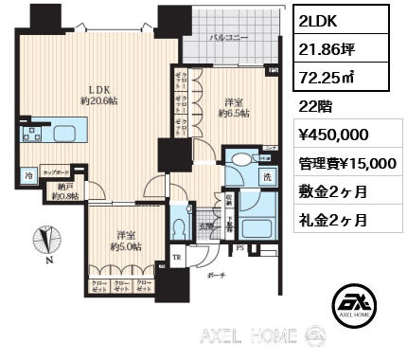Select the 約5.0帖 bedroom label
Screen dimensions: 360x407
[123, 242]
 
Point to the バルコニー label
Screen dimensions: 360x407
[229, 39]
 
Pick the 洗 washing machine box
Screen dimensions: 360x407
[268, 176]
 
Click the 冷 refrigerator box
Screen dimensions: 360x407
[29, 175]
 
